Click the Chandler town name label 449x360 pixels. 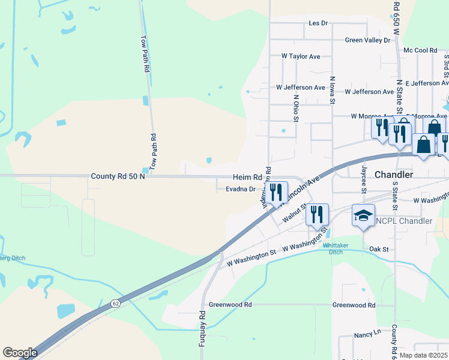pos(393,175)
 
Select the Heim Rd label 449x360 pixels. pos(247,178)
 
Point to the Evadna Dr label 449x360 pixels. pos(241,189)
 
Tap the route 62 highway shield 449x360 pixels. pos(115,305)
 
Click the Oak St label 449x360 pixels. pos(379,249)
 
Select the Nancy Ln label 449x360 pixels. pos(368,332)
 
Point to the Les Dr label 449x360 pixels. pos(318,23)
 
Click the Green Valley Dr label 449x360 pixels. pos(367,40)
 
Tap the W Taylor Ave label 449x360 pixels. pos(301,56)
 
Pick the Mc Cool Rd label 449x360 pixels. pos(420,50)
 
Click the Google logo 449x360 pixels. pos(20,353)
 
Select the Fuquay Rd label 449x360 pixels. pos(202,328)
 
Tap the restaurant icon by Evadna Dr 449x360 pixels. pos(276,192)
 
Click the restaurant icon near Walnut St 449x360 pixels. pos(316,214)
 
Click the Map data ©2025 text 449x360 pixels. pos(423,355)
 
